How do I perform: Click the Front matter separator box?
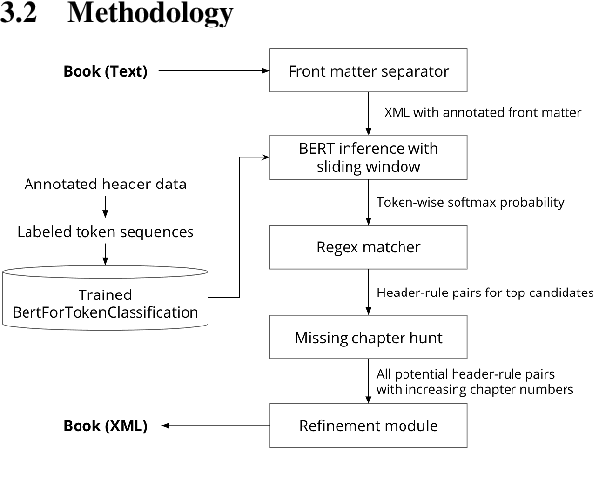point(367,71)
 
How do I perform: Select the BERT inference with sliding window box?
point(367,158)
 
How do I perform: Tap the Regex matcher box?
point(367,247)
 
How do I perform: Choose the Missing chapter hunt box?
point(367,338)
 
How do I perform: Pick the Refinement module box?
point(367,426)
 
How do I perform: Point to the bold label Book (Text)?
point(106,71)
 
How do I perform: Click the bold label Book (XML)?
point(106,426)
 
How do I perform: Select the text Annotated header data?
point(105,184)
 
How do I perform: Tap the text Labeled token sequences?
point(105,232)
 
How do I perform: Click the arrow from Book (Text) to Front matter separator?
point(213,71)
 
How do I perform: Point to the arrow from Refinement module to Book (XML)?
point(214,426)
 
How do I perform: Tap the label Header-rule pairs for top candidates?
point(484,292)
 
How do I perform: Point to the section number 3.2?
point(22,14)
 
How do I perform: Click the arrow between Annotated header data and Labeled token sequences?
point(105,207)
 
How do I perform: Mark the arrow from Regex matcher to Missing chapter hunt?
point(367,293)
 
